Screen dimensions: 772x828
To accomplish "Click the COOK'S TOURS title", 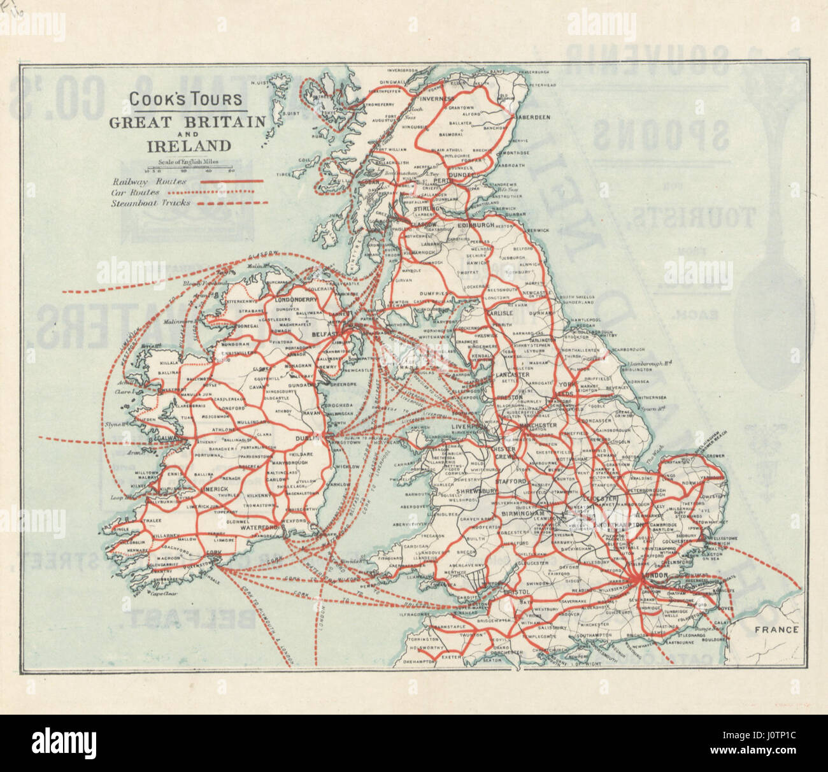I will coord(185,99).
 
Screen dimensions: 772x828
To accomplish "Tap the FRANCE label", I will coord(777,630).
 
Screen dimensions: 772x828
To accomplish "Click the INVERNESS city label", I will coord(437,99).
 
